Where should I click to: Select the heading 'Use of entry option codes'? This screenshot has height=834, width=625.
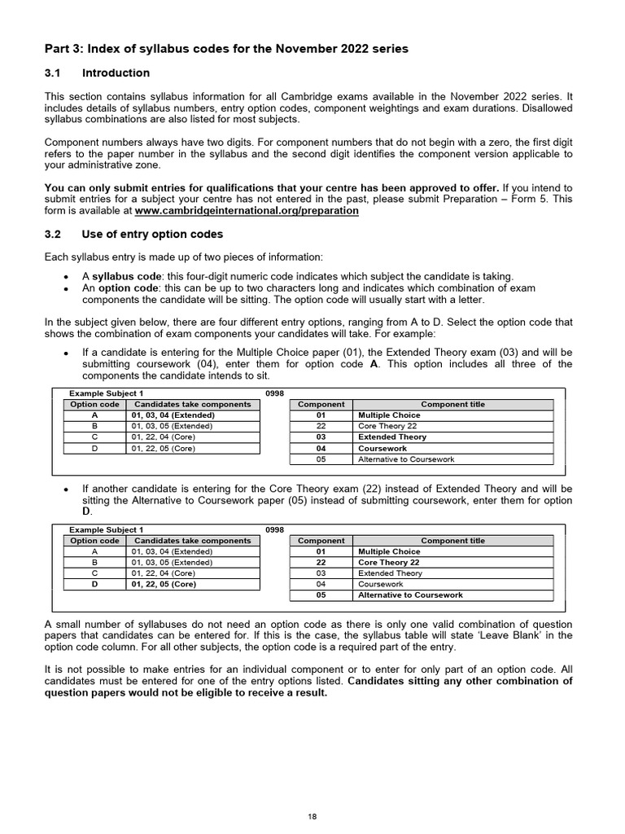(x=152, y=235)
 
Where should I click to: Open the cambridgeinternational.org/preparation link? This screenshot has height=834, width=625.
(x=247, y=210)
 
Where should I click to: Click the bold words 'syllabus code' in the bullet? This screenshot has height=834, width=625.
(x=124, y=277)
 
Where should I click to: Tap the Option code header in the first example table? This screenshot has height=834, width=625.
(x=95, y=405)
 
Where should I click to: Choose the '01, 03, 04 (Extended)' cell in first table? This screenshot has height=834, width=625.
(x=173, y=415)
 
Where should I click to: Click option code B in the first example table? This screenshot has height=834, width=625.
(x=95, y=426)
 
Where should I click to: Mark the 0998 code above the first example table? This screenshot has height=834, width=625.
(x=275, y=394)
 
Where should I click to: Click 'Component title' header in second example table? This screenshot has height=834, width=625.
(x=452, y=541)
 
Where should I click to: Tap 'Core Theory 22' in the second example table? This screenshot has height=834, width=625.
(x=389, y=563)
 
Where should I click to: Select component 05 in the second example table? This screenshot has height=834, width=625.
(x=321, y=595)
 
